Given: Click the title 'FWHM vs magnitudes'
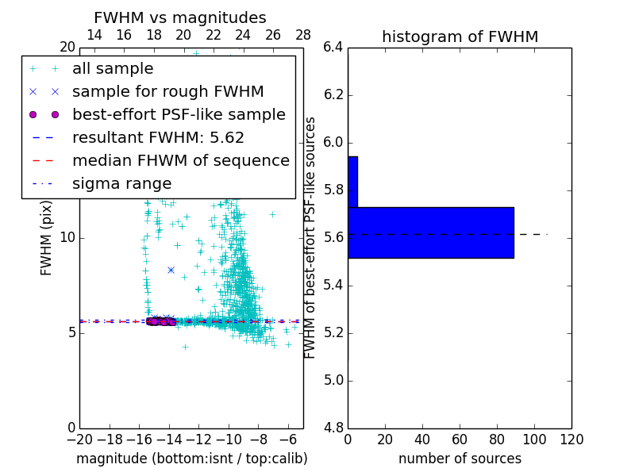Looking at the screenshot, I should point(179,18).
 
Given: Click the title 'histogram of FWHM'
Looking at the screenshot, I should point(460,36).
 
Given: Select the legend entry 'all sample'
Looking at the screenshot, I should point(113,69).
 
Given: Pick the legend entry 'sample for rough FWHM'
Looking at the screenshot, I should point(167,92).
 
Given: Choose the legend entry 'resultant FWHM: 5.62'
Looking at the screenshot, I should point(158,138).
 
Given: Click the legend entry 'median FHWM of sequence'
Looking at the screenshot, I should point(180,161).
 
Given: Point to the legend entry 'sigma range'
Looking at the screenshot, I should point(121,184).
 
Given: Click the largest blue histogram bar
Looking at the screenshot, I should point(430,232).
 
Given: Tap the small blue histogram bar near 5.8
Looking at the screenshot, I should point(352,182).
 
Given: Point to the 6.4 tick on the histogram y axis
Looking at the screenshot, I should point(333,48).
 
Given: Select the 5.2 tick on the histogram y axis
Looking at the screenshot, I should point(333,332).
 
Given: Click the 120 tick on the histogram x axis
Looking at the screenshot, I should point(571,440).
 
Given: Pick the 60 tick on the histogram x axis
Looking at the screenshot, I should point(460,440).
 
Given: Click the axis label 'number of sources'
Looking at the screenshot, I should point(460,459).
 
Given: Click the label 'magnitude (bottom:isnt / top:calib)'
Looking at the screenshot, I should point(191,459).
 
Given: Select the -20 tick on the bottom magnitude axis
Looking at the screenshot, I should point(79,440).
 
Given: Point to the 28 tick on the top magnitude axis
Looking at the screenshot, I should point(303,35).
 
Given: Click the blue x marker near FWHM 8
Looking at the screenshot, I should point(171,270).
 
